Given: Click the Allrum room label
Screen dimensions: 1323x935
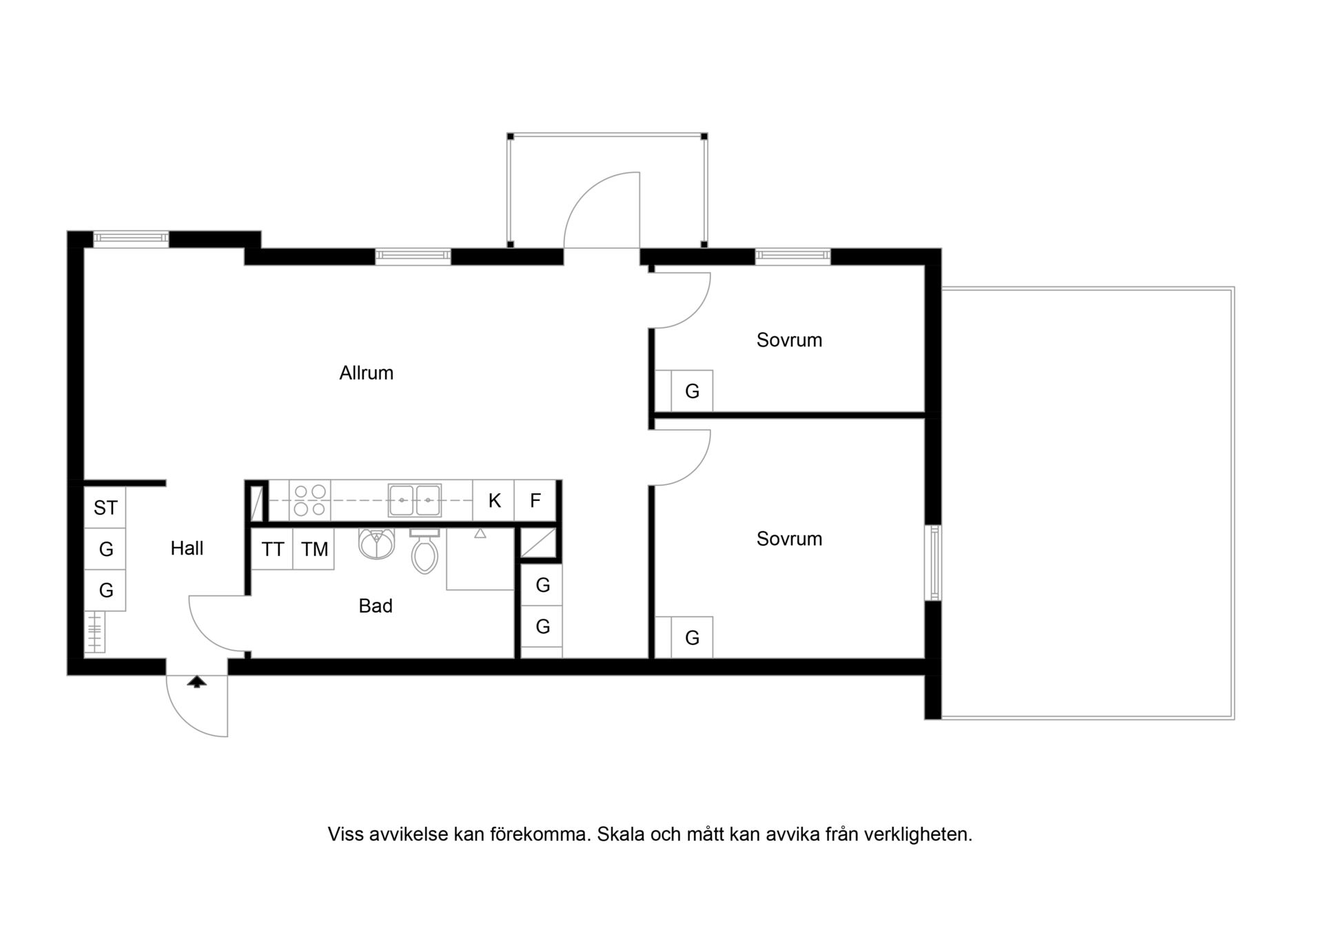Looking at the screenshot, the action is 366,373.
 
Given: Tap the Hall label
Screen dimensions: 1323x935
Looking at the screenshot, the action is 187,548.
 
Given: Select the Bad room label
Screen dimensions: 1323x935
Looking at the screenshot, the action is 376,606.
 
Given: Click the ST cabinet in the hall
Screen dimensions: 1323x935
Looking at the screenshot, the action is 105,508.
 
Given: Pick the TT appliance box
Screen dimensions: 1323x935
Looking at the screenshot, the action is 272,549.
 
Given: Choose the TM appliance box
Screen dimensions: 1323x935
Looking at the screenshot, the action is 314,549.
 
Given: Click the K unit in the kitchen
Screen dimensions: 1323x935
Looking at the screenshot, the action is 493,500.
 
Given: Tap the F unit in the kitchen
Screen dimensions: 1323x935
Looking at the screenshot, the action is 535,500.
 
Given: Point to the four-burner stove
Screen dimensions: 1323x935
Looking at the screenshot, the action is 310,500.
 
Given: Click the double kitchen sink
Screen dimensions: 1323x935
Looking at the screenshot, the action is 414,500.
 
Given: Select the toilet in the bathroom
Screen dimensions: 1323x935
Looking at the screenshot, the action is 424,551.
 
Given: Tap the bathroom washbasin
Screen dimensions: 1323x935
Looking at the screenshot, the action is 376,543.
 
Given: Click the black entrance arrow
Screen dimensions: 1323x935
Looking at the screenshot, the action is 197,681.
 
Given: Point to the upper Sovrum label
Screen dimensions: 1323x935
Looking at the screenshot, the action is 789,340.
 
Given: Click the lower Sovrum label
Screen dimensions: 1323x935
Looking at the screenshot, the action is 789,539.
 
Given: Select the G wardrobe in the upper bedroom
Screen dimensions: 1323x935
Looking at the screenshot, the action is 692,391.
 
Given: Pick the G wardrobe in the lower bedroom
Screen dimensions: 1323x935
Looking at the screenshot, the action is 692,637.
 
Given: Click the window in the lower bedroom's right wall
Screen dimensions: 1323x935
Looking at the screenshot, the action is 933,562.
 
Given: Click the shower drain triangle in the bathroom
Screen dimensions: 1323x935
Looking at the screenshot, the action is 480,533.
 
